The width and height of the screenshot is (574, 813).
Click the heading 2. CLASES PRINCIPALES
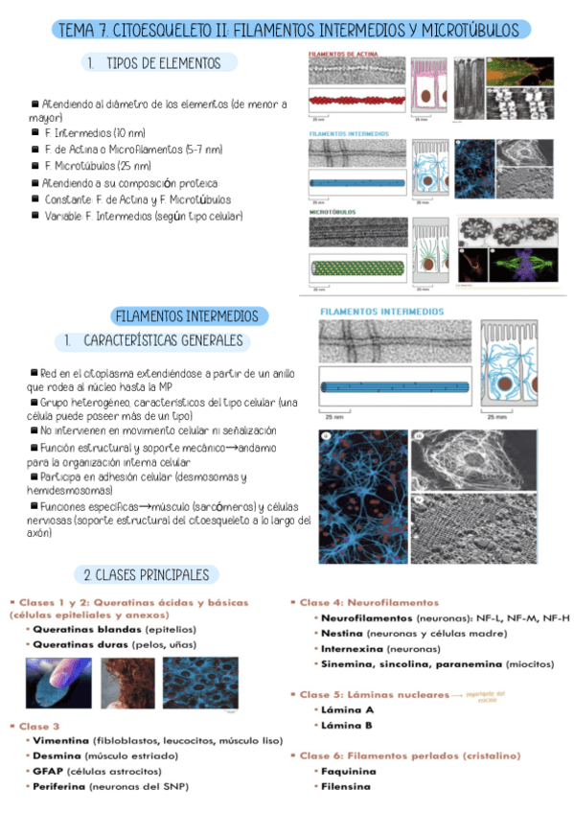[x=146, y=575]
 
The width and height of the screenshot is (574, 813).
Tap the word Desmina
[x=56, y=755]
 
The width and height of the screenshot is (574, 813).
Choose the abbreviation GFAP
[x=48, y=771]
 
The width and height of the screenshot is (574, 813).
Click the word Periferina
[x=58, y=786]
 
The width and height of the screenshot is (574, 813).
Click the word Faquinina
[x=348, y=771]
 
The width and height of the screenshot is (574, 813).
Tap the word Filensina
[x=347, y=786]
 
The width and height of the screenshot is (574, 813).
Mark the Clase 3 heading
[x=38, y=725]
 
